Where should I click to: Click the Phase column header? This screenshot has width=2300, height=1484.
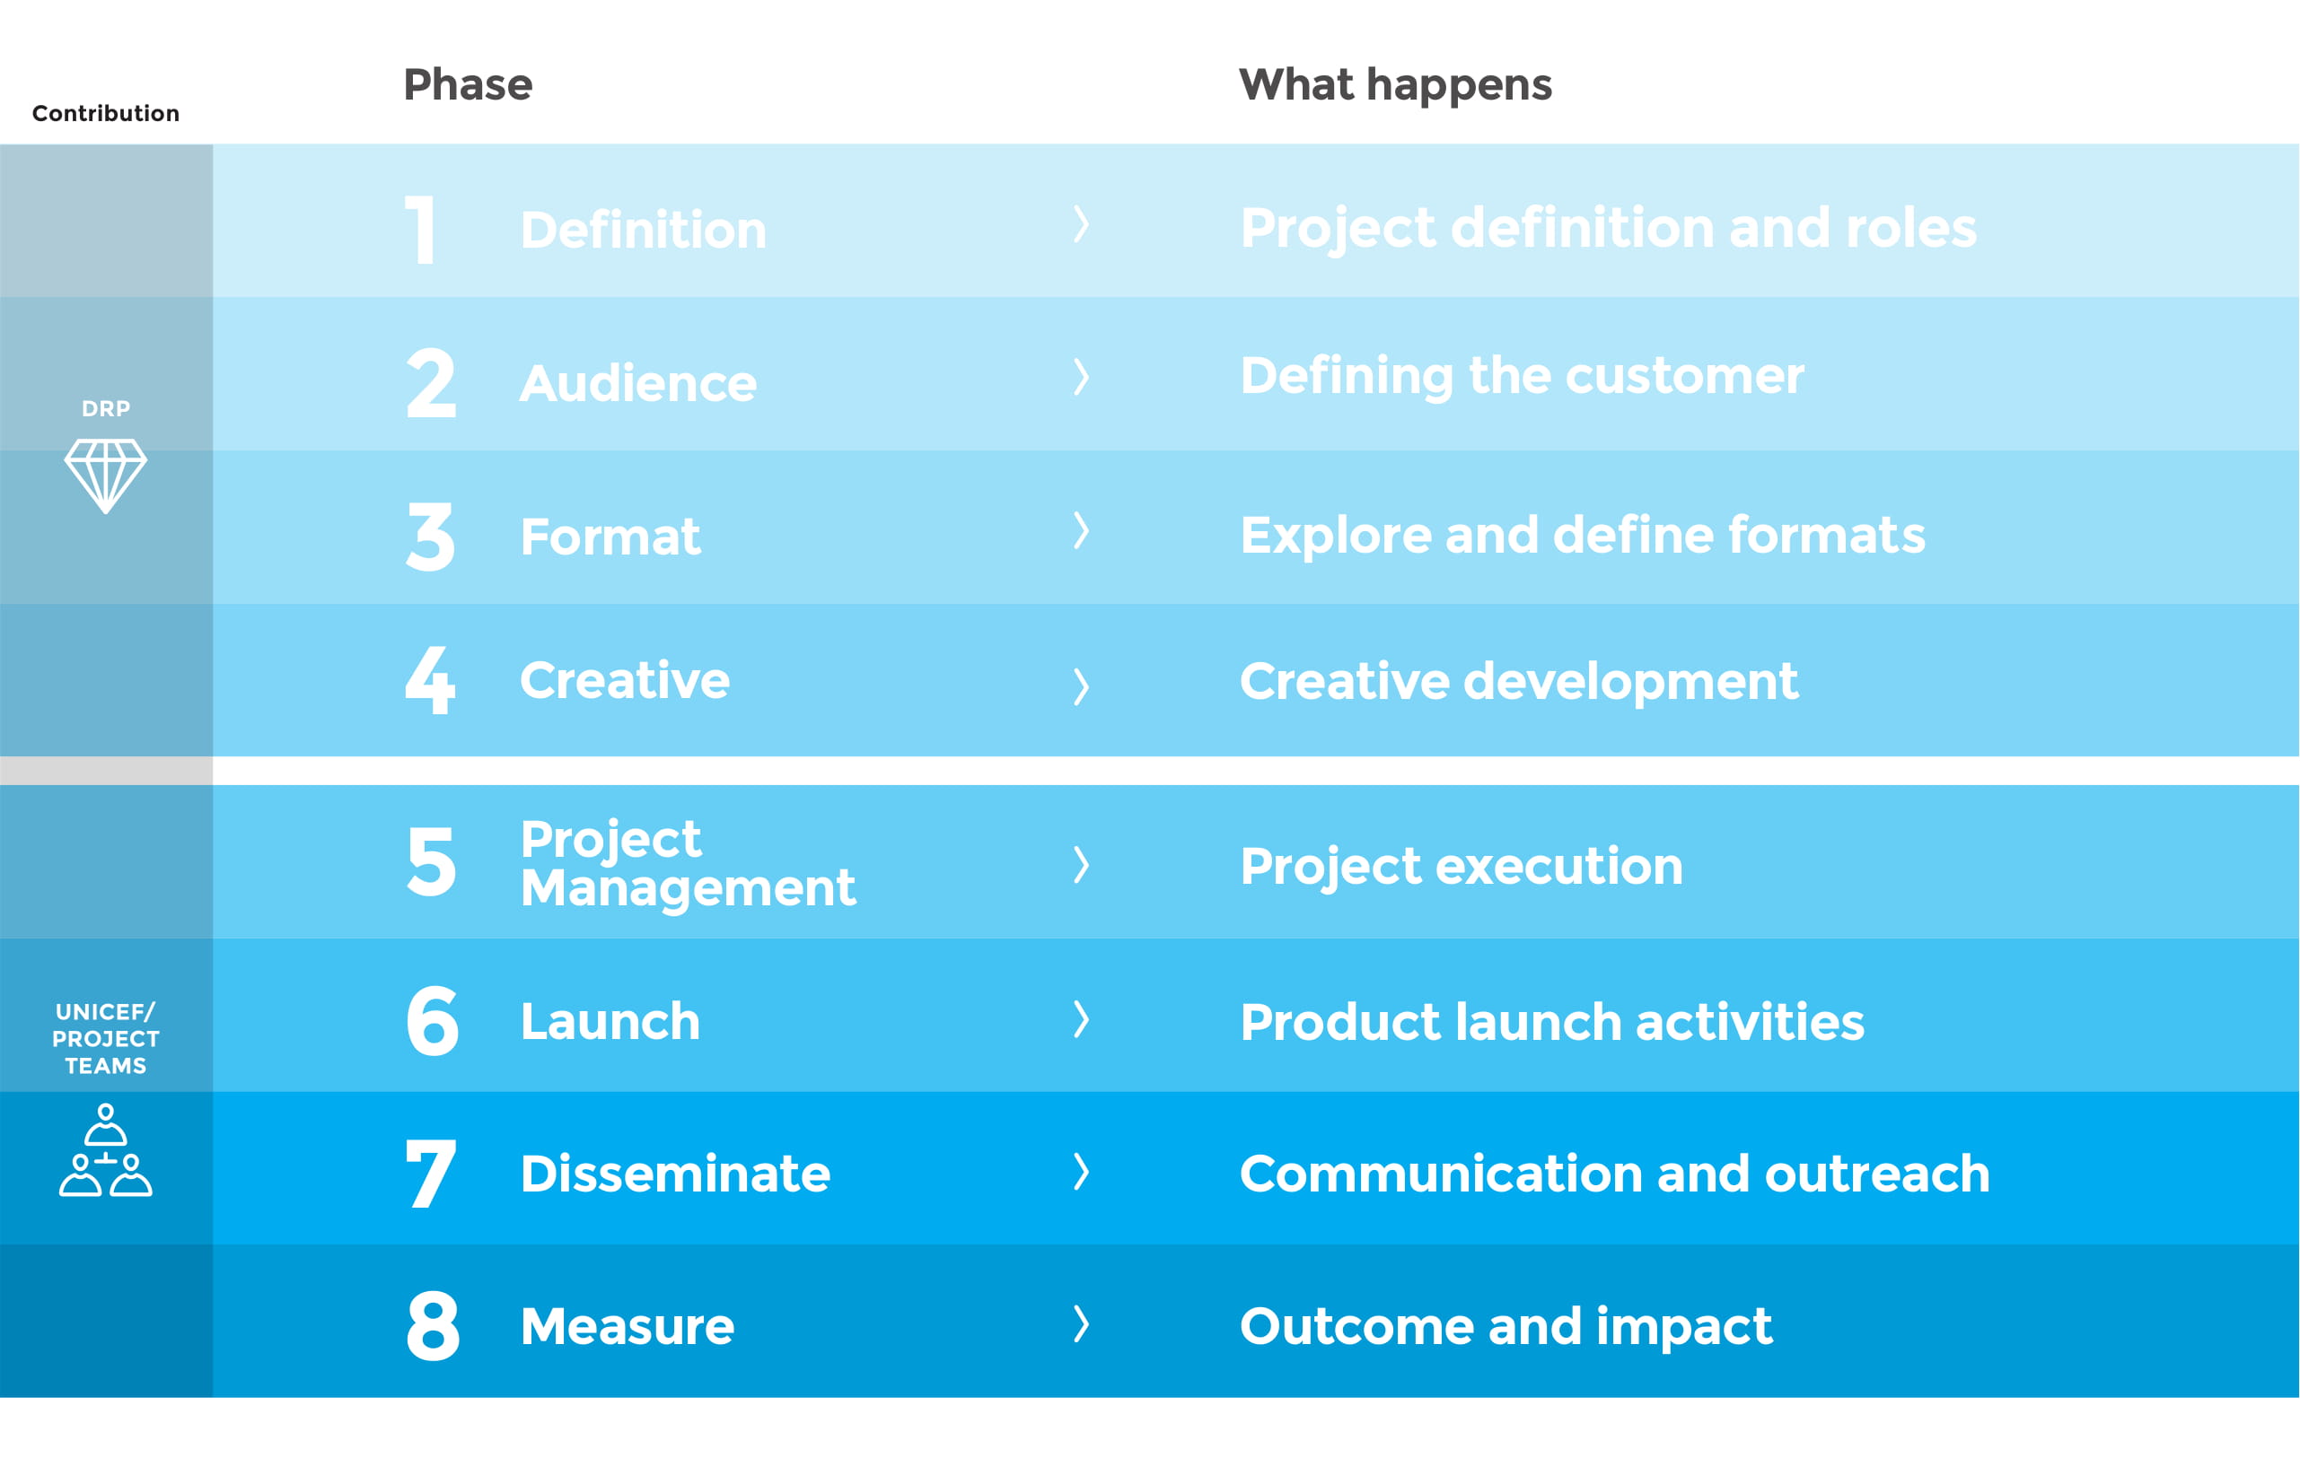coord(468,85)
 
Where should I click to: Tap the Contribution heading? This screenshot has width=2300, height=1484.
coord(106,114)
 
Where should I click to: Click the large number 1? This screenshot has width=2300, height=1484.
coord(420,230)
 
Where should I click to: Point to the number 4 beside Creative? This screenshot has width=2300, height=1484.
coord(430,680)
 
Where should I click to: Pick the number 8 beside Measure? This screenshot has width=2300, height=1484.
coord(433,1326)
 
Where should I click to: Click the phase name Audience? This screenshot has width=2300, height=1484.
coord(638,383)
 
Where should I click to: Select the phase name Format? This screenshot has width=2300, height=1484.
coord(610,537)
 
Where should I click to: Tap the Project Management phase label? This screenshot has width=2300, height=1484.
coord(688,863)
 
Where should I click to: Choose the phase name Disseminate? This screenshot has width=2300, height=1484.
coord(675,1174)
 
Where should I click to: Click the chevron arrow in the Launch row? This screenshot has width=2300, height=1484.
coord(1082,1018)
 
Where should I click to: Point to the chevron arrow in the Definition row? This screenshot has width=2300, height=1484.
coord(1082,224)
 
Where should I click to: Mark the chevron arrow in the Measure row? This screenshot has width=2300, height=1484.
coord(1082,1324)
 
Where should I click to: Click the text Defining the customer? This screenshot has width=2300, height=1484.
coord(1522,376)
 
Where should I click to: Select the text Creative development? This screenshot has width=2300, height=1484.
coord(1518,682)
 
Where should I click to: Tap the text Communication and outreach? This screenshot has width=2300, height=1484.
coord(1615,1174)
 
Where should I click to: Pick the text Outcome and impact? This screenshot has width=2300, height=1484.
coord(1506,1327)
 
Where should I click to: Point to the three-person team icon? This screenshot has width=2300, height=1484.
coord(106,1149)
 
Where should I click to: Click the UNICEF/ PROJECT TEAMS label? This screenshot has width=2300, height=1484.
coord(106,1039)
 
